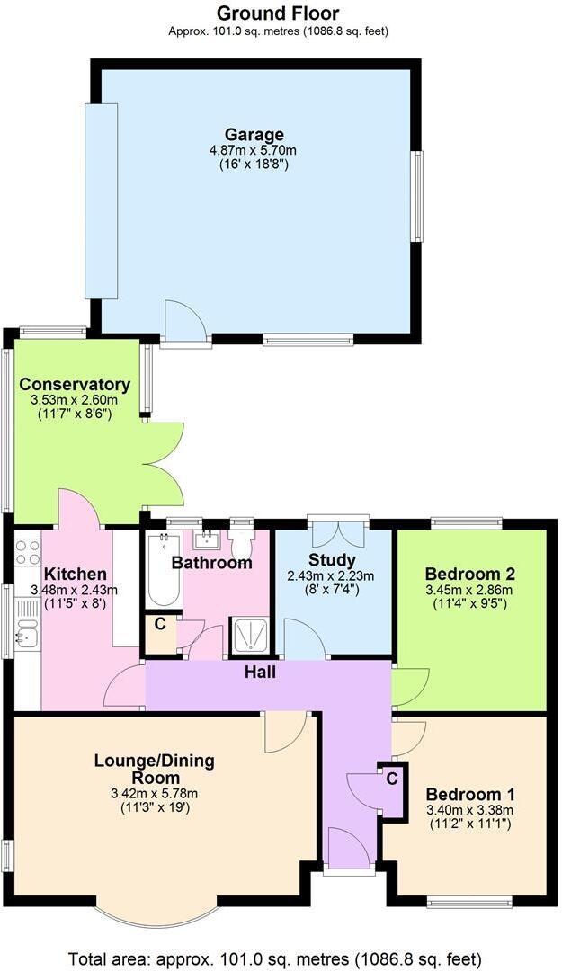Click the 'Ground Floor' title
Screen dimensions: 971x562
coord(278,13)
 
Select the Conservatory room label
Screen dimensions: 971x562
coord(75,385)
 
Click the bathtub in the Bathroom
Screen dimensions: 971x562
coord(164,571)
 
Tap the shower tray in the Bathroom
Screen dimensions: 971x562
coord(248,637)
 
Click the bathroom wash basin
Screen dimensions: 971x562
coord(208,539)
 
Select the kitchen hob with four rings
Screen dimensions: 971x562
coord(27,552)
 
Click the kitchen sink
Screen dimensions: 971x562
coord(26,637)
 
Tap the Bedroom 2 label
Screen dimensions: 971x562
coord(470,574)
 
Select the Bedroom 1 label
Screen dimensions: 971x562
coord(470,795)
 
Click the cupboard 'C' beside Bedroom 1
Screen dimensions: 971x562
coord(391,780)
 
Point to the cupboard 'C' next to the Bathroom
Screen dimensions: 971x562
coord(159,623)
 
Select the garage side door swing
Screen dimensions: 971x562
coord(183,321)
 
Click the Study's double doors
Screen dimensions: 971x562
coord(338,531)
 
